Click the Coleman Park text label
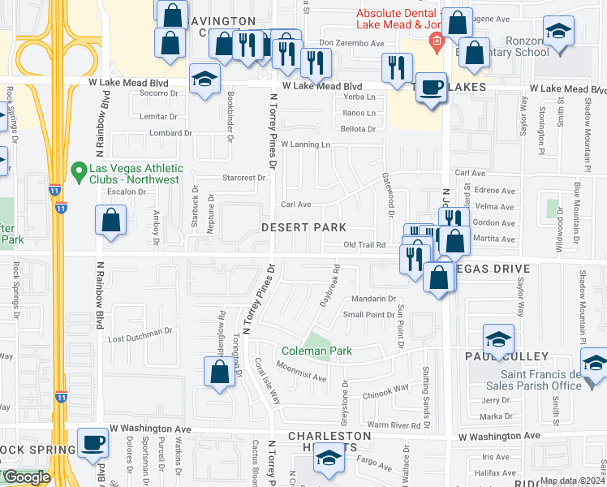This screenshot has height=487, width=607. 316,351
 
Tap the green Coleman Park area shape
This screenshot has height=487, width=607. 317,338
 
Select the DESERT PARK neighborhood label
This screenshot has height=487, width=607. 303,228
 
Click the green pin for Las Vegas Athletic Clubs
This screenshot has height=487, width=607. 78,171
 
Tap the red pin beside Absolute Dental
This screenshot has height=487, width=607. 437,42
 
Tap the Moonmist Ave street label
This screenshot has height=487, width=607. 301,373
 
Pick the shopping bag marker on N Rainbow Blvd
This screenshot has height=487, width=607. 110,220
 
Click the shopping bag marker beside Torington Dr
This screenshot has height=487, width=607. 219,373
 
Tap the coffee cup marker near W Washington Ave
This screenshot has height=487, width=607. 93,443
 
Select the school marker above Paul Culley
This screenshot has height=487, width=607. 498,338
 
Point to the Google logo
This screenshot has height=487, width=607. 26,477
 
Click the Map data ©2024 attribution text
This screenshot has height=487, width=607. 573,481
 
